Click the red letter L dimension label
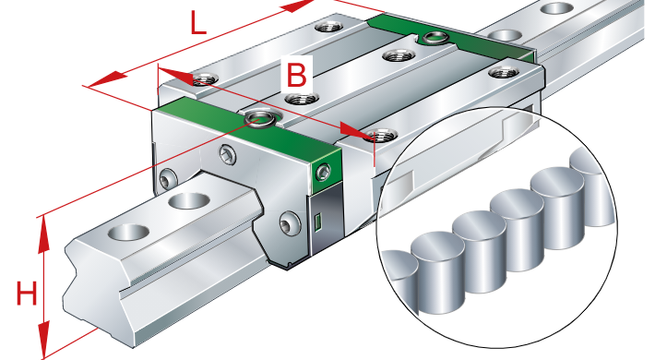[x=197, y=23]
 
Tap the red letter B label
[x=296, y=75]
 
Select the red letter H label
[x=27, y=293]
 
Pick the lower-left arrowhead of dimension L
[x=107, y=78]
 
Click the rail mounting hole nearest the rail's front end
[x=128, y=233]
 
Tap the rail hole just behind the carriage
[x=506, y=35]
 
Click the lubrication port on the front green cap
[x=260, y=118]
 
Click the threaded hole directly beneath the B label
[x=302, y=100]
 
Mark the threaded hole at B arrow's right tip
[x=381, y=135]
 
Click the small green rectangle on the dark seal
[x=317, y=223]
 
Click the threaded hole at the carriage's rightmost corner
[x=505, y=73]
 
